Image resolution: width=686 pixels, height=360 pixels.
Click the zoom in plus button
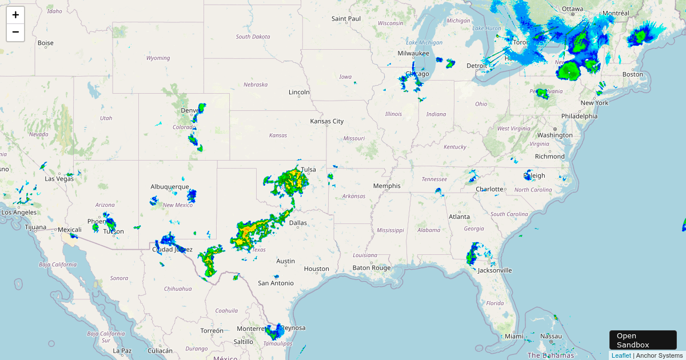[x=15, y=15]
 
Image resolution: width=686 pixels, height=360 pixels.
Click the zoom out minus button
[x=15, y=33]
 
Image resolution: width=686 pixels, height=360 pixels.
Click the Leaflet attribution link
[x=621, y=355]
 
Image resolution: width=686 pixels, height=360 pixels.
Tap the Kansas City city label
[x=327, y=121]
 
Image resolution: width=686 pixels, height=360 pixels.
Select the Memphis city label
[x=386, y=186]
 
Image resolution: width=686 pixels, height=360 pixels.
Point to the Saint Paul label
[x=346, y=18]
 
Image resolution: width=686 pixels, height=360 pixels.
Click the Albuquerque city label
[x=170, y=186]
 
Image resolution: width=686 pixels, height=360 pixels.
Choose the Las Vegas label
[x=59, y=178]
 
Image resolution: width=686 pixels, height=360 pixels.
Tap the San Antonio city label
[x=276, y=283]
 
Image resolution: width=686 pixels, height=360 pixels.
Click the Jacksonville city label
[x=495, y=270]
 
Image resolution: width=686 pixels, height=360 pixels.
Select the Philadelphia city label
[x=579, y=115]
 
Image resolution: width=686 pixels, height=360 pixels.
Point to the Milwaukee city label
[x=413, y=53]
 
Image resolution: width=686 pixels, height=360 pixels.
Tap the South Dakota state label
[x=253, y=37]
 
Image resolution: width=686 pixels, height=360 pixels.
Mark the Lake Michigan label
[x=424, y=42]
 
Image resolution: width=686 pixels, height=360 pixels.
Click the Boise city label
[x=45, y=43]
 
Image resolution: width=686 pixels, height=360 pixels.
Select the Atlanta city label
[x=459, y=217]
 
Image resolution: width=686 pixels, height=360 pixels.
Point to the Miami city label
[x=513, y=336]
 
